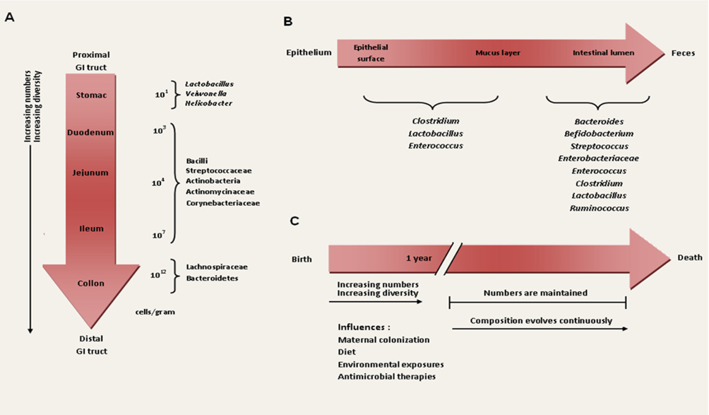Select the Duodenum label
click(90, 132)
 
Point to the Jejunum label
click(90, 173)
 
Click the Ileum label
click(91, 228)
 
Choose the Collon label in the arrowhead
click(90, 284)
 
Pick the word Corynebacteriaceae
click(222, 203)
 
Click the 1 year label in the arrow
click(419, 258)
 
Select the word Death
click(689, 257)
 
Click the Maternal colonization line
click(383, 339)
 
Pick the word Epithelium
click(309, 52)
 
